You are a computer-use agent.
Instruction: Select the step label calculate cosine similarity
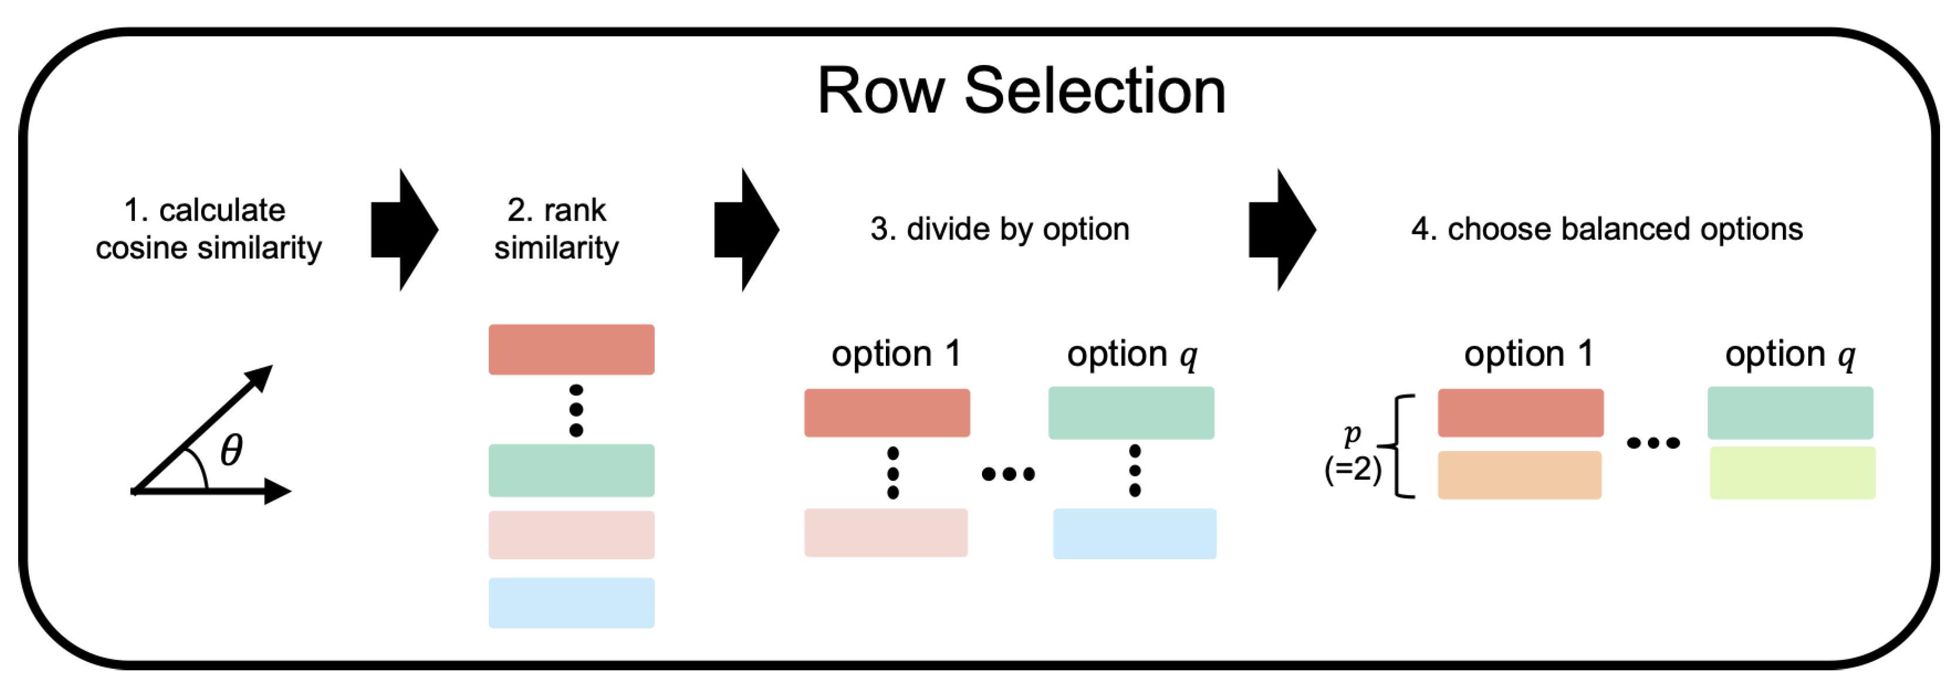pyautogui.click(x=208, y=229)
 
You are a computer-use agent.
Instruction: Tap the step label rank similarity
pyautogui.click(x=556, y=229)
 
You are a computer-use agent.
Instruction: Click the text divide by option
pyautogui.click(x=999, y=229)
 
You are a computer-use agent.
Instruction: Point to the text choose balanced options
pyautogui.click(x=1606, y=229)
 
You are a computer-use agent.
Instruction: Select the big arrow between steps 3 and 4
pyautogui.click(x=1282, y=230)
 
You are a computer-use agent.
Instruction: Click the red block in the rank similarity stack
pyautogui.click(x=571, y=349)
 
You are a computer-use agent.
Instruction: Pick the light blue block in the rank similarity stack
pyautogui.click(x=571, y=602)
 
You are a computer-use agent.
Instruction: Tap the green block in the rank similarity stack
pyautogui.click(x=571, y=470)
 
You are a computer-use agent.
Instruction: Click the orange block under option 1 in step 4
pyautogui.click(x=1519, y=474)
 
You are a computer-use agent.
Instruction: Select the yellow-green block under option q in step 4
pyautogui.click(x=1792, y=472)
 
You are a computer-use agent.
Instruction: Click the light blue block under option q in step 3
pyautogui.click(x=1133, y=533)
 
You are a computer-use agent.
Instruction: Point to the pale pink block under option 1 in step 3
pyautogui.click(x=886, y=532)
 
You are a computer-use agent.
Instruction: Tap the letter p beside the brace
pyautogui.click(x=1352, y=433)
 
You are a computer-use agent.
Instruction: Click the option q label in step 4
pyautogui.click(x=1789, y=354)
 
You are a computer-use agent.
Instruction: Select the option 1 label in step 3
pyautogui.click(x=896, y=354)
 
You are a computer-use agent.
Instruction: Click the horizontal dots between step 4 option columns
pyautogui.click(x=1653, y=443)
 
